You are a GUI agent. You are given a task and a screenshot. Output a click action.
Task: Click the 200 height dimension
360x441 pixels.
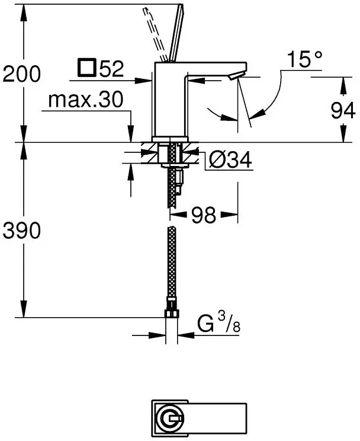(x=22, y=74)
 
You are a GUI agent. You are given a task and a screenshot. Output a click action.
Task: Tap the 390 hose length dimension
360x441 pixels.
(x=22, y=230)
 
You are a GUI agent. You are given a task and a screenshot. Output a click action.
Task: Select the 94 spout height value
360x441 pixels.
(x=343, y=110)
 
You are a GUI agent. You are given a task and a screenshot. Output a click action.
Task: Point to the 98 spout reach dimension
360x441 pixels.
(x=204, y=215)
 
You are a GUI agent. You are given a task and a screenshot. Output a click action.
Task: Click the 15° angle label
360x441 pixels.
(x=304, y=59)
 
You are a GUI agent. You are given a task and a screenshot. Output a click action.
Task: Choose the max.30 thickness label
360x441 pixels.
(x=86, y=99)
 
